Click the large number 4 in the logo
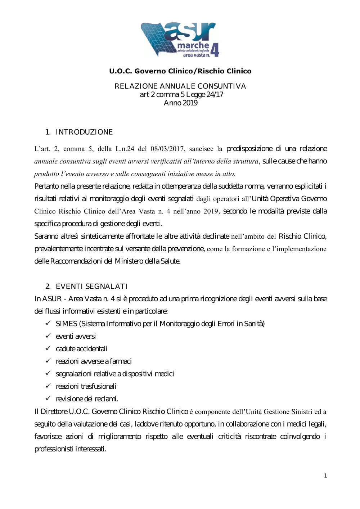(215, 50)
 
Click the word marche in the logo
(193, 45)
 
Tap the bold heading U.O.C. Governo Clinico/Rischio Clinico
(180, 71)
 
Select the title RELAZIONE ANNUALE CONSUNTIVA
(180, 86)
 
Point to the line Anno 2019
(180, 103)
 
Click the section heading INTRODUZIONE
(84, 132)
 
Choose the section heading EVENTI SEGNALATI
(91, 287)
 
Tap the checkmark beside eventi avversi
(48, 336)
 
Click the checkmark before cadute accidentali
(48, 348)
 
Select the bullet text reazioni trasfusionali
(86, 386)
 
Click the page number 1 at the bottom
(325, 476)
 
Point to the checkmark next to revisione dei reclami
(48, 398)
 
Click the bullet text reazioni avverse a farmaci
(94, 361)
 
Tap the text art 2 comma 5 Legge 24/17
(181, 95)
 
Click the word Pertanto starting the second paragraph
(47, 186)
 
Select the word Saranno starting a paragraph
(47, 236)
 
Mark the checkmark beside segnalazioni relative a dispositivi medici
(48, 373)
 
